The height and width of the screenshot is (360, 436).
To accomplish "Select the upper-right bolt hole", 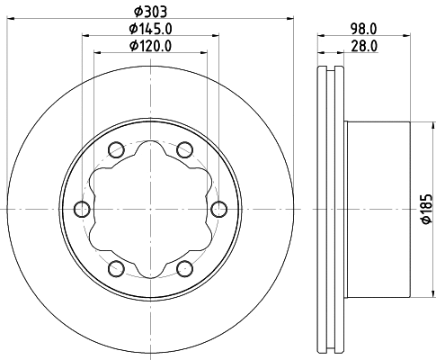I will pyautogui.click(x=185, y=149).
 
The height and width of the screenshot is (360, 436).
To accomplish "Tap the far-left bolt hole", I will pyautogui.click(x=83, y=209).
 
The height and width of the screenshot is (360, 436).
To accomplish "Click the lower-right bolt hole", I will pyautogui.click(x=185, y=268).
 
